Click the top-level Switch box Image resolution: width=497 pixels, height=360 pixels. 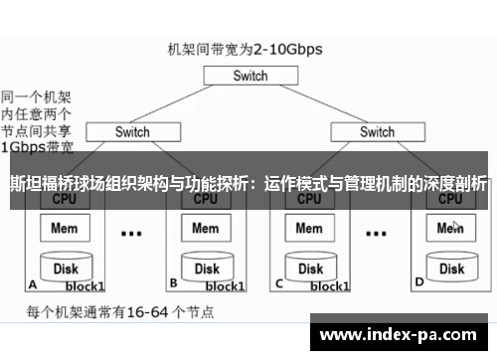[250, 76]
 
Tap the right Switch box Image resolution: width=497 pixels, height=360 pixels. [377, 131]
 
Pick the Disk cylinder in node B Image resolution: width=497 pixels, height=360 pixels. [207, 268]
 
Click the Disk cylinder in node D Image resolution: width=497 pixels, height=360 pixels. [451, 268]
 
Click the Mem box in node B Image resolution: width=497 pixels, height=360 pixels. [206, 229]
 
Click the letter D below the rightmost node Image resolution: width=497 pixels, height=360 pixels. [419, 282]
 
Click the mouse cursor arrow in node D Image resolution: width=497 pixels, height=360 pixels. [456, 226]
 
